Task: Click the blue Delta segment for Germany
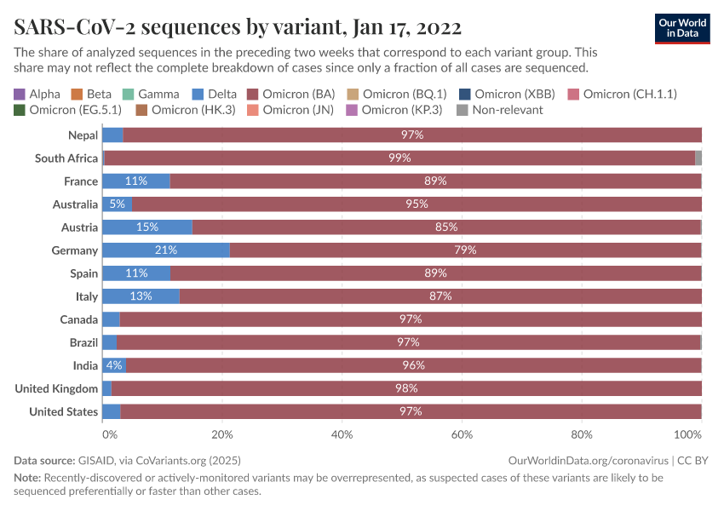coord(165,250)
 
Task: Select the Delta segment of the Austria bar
coord(147,227)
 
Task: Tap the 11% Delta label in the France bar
coord(135,181)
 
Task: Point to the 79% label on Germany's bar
coord(465,250)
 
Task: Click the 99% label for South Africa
coord(399,158)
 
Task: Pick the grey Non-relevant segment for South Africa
coord(698,158)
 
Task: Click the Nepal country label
coord(83,135)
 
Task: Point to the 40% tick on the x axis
coord(342,434)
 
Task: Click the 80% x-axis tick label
coord(582,434)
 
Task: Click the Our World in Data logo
coord(682,27)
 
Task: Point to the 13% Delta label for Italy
coord(141,296)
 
